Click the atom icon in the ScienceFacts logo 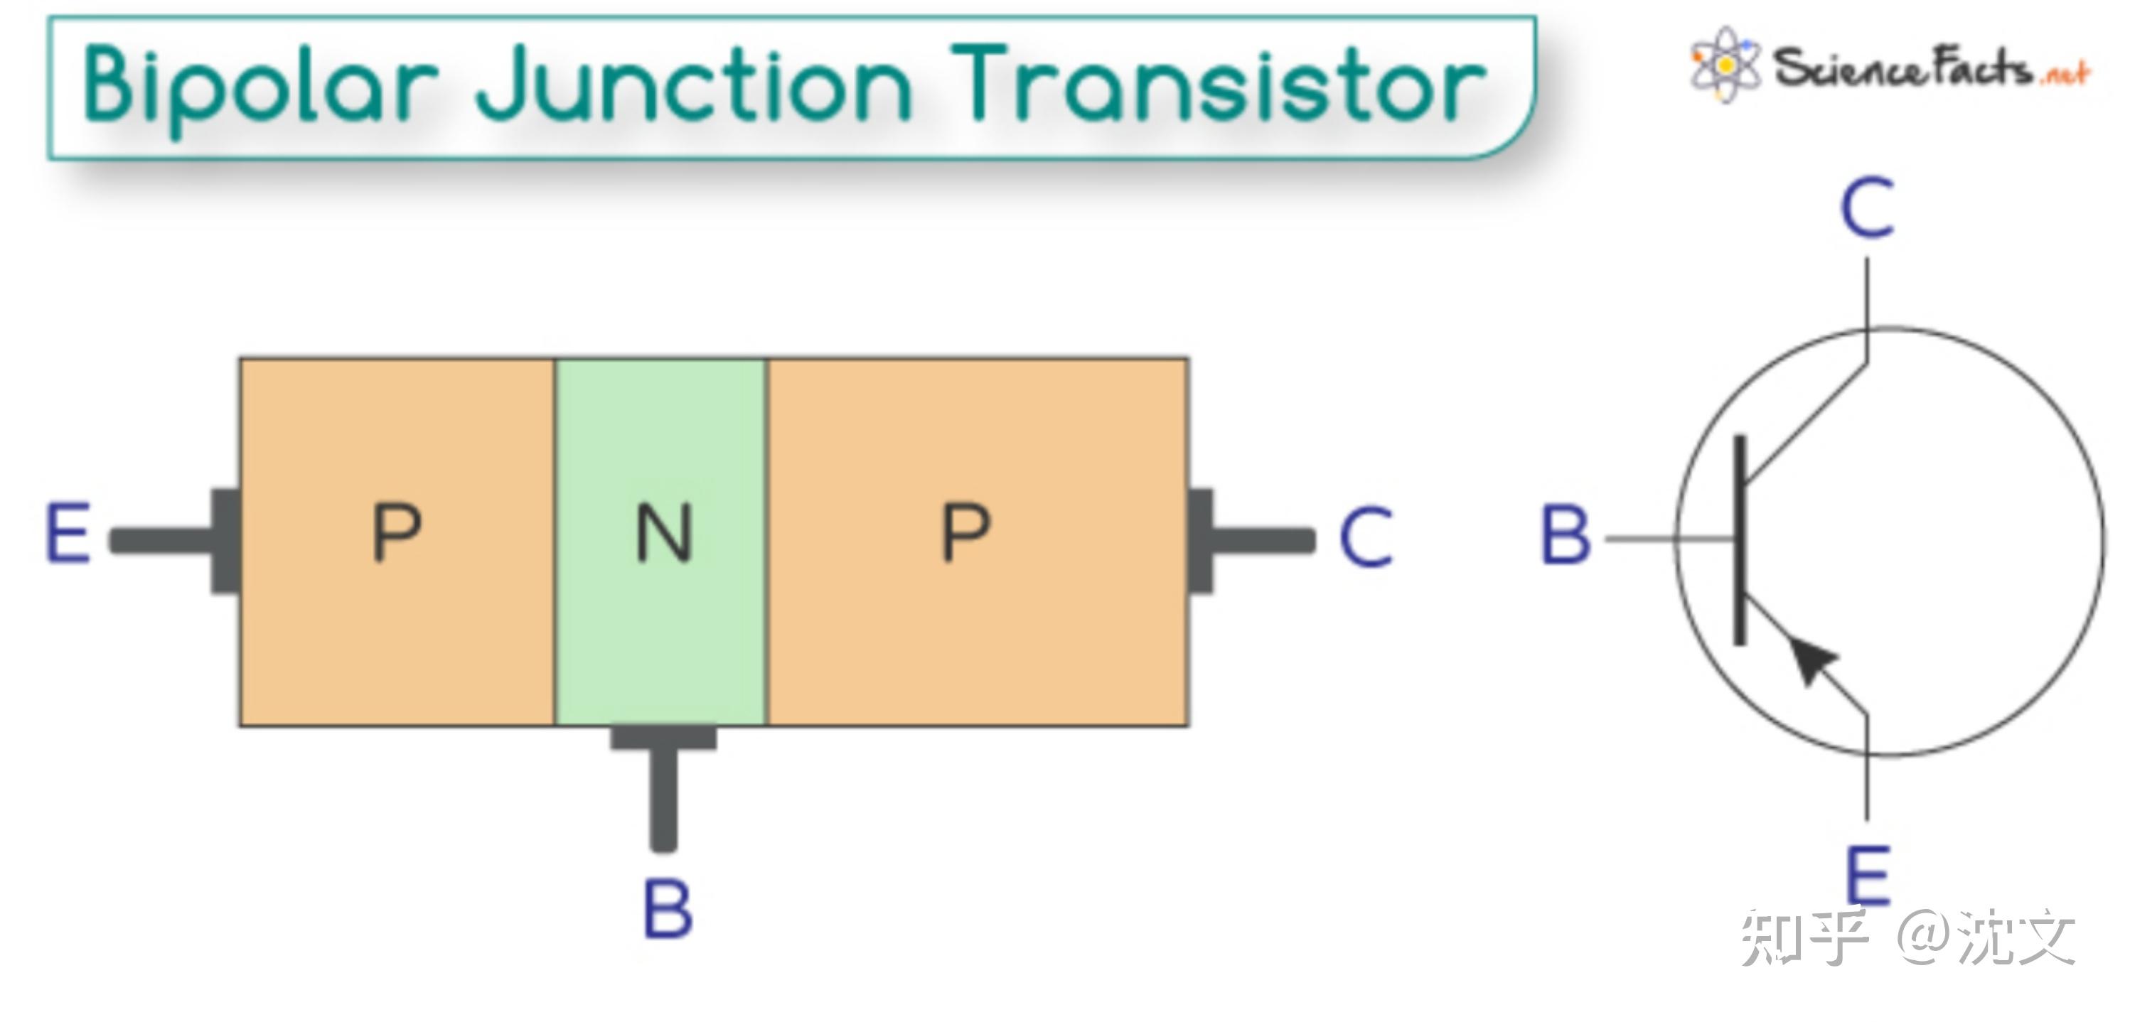pyautogui.click(x=1725, y=65)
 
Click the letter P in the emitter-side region pyautogui.click(x=397, y=533)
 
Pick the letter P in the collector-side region pyautogui.click(x=965, y=533)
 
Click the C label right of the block pyautogui.click(x=1366, y=537)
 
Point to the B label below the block pyautogui.click(x=668, y=910)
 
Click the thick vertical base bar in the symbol pyautogui.click(x=1740, y=539)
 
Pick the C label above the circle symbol pyautogui.click(x=1867, y=208)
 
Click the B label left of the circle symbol pyautogui.click(x=1566, y=536)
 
